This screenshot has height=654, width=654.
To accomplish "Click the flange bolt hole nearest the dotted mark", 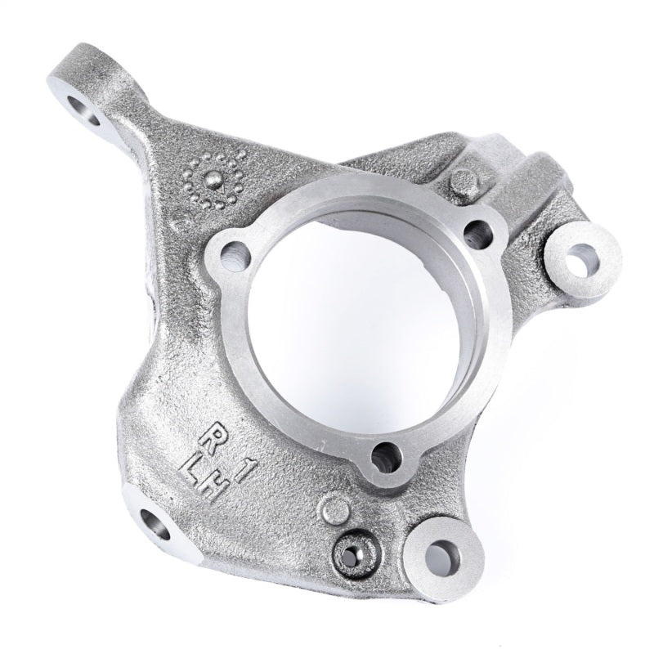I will (x=235, y=256).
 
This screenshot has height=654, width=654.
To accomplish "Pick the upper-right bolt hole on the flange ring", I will (x=476, y=233).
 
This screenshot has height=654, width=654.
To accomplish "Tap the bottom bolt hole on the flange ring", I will (x=386, y=458).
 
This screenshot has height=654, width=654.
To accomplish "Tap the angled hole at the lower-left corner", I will (x=155, y=523).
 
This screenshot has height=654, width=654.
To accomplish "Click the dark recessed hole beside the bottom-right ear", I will (x=352, y=554).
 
